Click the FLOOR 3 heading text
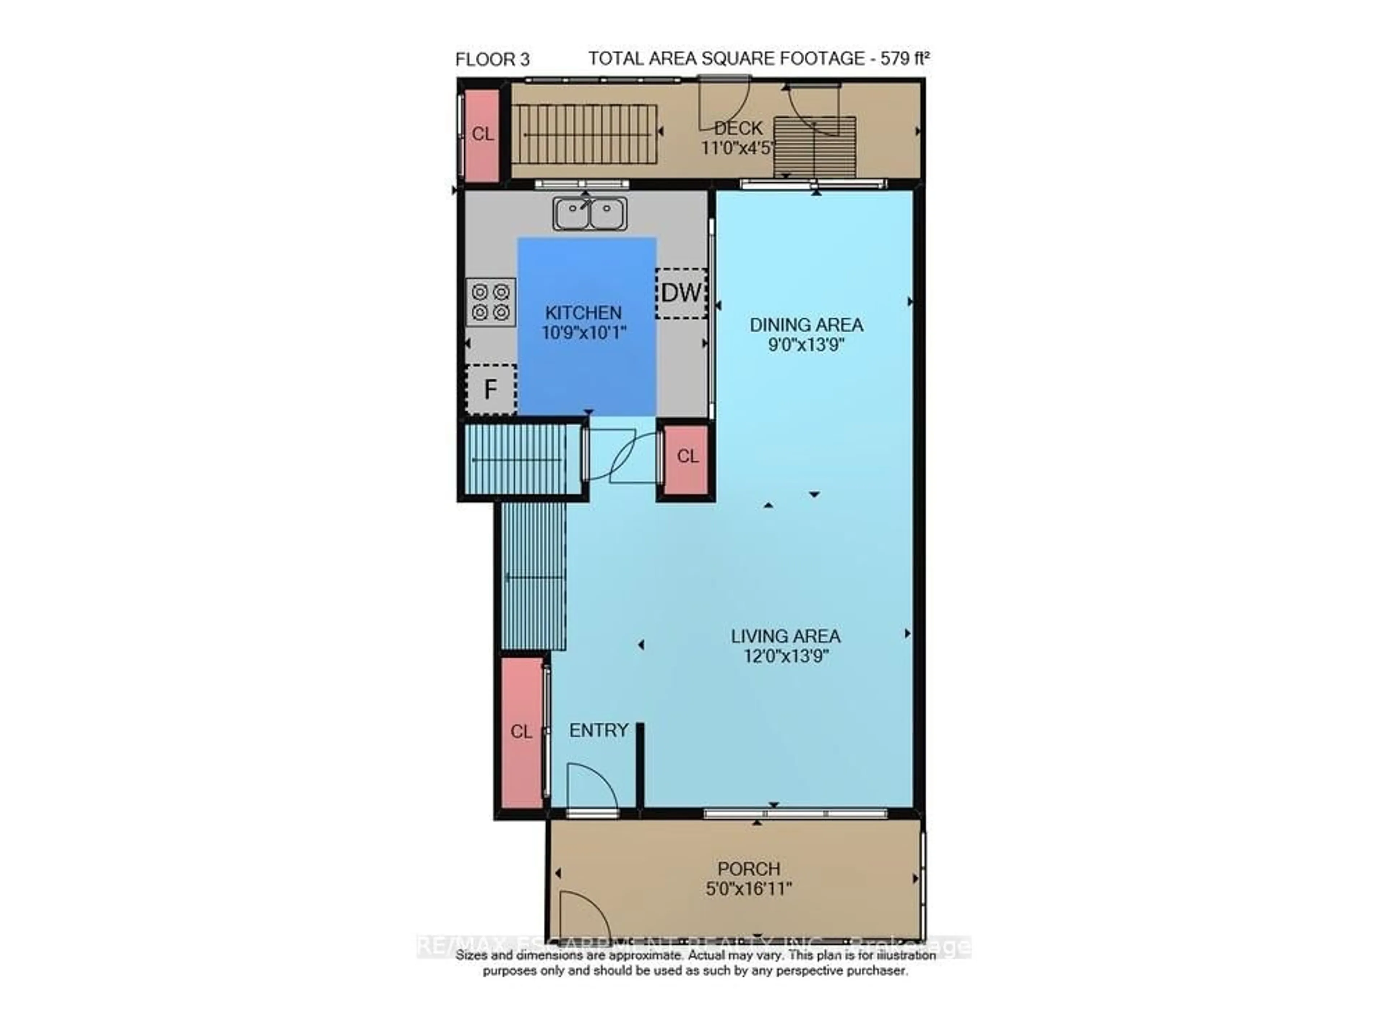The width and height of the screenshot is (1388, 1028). [x=492, y=60]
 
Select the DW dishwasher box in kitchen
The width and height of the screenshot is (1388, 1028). [x=681, y=293]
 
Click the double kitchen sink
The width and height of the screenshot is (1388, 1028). [x=590, y=214]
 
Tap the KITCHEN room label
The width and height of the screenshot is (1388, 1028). [x=583, y=313]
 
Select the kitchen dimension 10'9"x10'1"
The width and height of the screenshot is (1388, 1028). [x=583, y=333]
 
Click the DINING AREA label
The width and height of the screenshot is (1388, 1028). [x=806, y=325]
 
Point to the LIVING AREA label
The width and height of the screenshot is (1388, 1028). [x=785, y=636]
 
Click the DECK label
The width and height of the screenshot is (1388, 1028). [x=738, y=128]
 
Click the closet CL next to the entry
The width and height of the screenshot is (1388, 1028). [x=522, y=731]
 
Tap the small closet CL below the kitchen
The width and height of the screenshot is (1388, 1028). [x=687, y=457]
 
